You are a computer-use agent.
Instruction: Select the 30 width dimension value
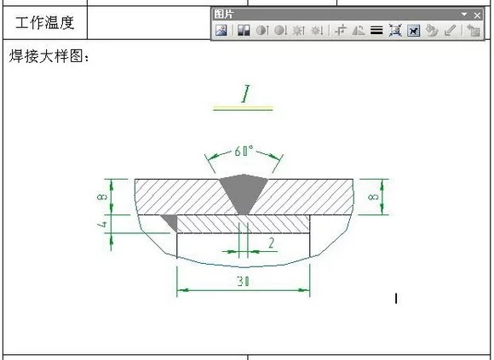pos(244,281)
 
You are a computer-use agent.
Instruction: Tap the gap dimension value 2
pos(271,243)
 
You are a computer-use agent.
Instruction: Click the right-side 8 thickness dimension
pos(373,197)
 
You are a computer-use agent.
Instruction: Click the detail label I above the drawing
pos(244,94)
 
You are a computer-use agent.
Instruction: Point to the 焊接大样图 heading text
pos(49,57)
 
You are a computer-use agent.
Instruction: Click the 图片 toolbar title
pos(225,14)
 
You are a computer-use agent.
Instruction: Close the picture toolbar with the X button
pos(477,14)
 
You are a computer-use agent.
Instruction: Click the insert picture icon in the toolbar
pos(221,31)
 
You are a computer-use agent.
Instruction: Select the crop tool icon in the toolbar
pos(340,31)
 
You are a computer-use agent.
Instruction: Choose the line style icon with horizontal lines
pos(376,31)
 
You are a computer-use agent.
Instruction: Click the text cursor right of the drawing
pos(396,298)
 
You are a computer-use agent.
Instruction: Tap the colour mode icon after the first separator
pos(242,31)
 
